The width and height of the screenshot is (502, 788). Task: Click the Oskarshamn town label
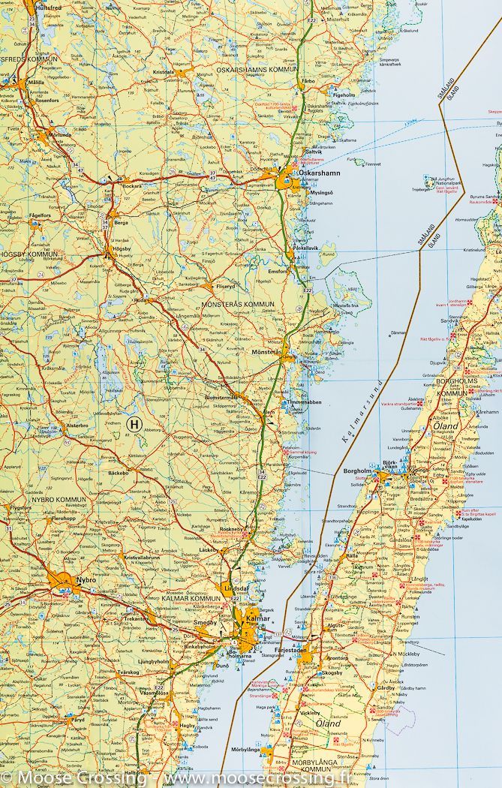[x=319, y=173]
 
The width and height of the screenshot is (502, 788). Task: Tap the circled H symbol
[x=134, y=425]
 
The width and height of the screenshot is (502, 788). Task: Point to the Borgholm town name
[x=358, y=471]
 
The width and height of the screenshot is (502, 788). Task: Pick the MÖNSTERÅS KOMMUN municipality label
[x=239, y=304]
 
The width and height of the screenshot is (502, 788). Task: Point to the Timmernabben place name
[x=304, y=402]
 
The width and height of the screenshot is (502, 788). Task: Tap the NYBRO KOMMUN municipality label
[x=59, y=498]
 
